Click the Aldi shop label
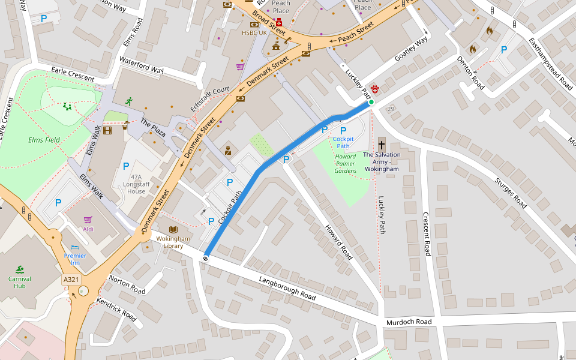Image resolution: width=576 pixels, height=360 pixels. tap(88, 229)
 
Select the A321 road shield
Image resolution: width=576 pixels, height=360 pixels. tap(71, 280)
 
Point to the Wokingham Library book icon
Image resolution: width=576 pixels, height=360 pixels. tap(173, 230)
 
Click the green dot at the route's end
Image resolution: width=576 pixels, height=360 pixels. tap(371, 103)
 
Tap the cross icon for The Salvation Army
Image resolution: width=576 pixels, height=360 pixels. tap(382, 145)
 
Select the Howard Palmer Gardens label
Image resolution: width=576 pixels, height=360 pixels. tap(345, 163)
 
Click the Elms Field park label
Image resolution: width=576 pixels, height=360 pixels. tap(44, 140)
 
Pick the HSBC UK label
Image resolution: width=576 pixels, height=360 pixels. tap(254, 32)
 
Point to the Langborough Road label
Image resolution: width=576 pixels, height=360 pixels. tap(287, 289)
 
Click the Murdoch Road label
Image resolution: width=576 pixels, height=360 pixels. tap(409, 322)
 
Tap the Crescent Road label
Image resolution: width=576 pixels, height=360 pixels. tap(427, 234)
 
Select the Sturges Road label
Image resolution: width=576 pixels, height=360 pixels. tap(510, 193)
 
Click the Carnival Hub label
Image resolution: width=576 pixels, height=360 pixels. tap(20, 282)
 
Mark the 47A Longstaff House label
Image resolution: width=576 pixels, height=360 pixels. tap(136, 188)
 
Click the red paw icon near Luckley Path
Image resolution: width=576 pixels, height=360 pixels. tap(376, 89)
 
